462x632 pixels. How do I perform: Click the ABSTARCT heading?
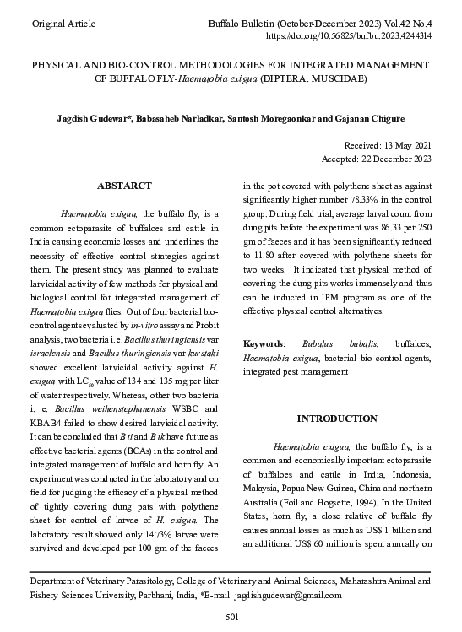(124, 186)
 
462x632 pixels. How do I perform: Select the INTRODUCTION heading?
(336, 419)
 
